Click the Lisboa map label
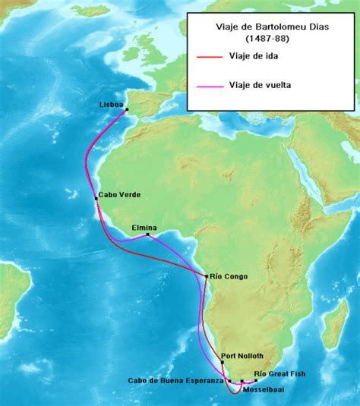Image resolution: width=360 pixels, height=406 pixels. [x=111, y=105]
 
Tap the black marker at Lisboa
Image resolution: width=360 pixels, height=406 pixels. [x=127, y=110]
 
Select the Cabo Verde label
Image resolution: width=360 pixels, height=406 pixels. [x=119, y=194]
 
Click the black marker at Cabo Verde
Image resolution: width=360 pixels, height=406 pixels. [x=96, y=199]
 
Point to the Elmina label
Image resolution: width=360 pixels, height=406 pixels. [x=144, y=227]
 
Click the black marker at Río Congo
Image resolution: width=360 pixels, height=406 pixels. [x=207, y=275]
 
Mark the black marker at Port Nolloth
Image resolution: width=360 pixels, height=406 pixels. [x=223, y=363]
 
